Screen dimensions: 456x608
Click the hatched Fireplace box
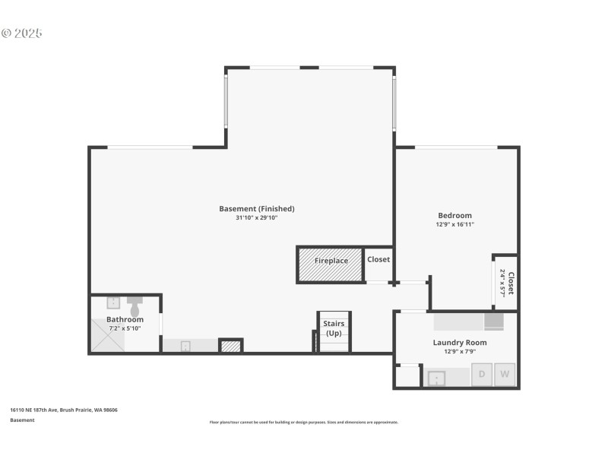[x=330, y=264]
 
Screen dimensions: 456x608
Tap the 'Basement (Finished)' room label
[x=256, y=209]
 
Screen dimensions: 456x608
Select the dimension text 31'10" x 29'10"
[x=256, y=218]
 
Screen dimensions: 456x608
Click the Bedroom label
[x=454, y=215]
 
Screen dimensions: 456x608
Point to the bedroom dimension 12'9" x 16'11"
[x=454, y=225]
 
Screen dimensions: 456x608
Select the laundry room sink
[x=436, y=377]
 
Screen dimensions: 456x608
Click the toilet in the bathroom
[x=135, y=306]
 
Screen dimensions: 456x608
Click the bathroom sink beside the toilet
[x=112, y=302]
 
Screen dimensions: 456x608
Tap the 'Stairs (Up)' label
[x=334, y=328]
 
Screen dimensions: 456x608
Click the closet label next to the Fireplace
[x=378, y=259]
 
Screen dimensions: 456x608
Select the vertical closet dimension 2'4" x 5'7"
[x=502, y=283]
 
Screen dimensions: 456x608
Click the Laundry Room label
[x=460, y=343]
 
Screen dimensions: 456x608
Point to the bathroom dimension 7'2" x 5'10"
[x=125, y=328]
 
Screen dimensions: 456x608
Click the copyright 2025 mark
[x=21, y=33]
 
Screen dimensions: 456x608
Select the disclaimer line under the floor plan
[x=304, y=422]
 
